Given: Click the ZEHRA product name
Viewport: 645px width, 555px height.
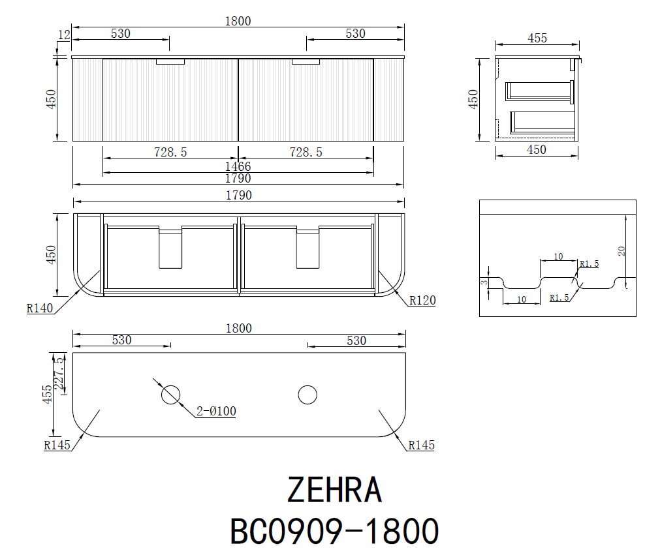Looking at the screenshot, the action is click(334, 489).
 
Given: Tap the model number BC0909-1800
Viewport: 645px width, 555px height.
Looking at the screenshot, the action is click(334, 531).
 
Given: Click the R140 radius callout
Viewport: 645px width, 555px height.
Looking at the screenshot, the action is click(40, 308).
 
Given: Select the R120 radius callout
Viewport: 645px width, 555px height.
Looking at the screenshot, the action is click(422, 301).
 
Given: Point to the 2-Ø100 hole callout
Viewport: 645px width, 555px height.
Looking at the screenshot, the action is click(216, 411).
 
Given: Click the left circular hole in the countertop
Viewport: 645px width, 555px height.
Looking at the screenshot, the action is click(170, 395).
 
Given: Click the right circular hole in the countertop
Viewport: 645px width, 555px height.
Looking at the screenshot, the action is click(307, 395).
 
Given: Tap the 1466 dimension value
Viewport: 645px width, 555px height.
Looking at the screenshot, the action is click(238, 166).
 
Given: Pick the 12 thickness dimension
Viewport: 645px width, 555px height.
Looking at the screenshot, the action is click(64, 35).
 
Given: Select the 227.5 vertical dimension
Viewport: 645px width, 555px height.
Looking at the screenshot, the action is click(59, 373).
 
